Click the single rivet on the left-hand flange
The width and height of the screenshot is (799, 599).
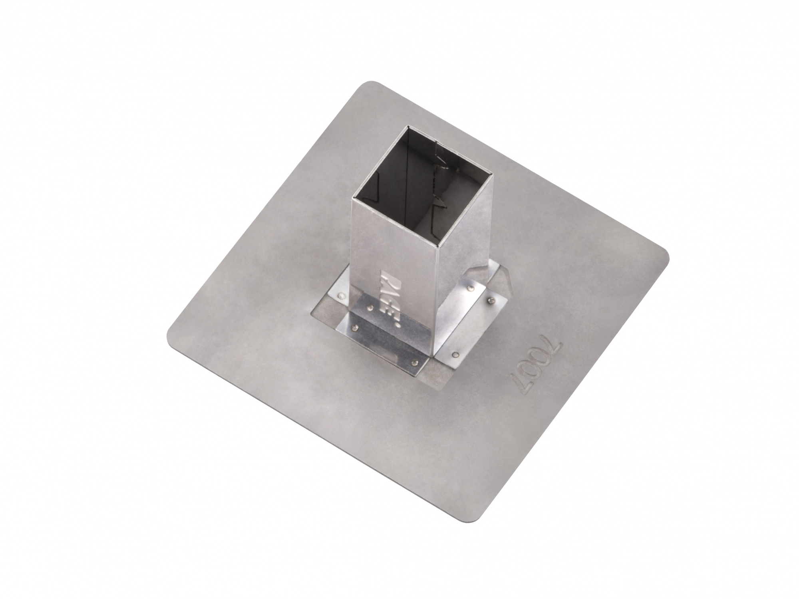342,296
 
